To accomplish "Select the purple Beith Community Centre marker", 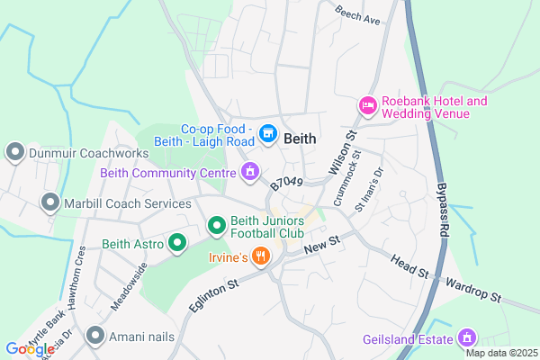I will [x=250, y=170].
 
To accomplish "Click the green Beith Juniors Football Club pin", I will [x=217, y=226].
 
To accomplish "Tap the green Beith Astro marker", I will [x=177, y=243].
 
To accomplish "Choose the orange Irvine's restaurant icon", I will [x=261, y=256].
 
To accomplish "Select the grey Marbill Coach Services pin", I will [x=49, y=203].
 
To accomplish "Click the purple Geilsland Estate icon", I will [x=466, y=338].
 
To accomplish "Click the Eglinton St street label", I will [x=212, y=296].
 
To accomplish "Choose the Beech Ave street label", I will [x=357, y=15].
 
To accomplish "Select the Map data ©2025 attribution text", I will [x=499, y=352].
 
